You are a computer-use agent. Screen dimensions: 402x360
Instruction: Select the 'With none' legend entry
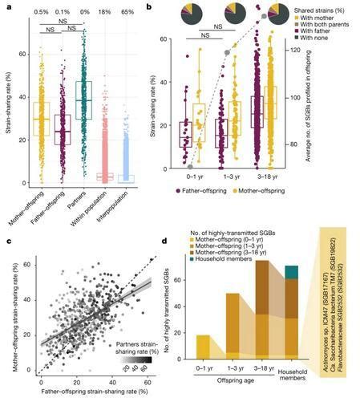pos(318,39)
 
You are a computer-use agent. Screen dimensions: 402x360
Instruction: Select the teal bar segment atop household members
pos(292,271)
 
